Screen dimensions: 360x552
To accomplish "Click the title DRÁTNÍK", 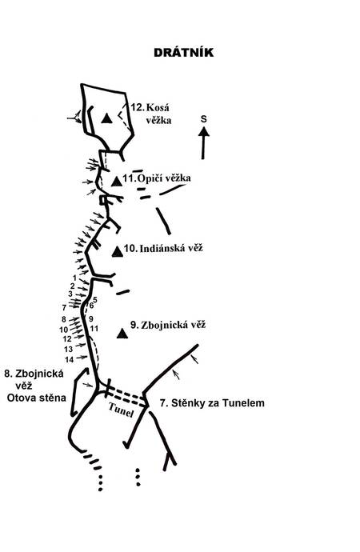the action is (x=183, y=53).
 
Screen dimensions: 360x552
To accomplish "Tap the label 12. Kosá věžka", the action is (x=152, y=114).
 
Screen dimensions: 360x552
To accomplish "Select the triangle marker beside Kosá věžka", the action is (x=106, y=118).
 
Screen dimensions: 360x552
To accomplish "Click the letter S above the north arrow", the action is (x=204, y=119).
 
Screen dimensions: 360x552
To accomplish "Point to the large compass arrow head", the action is (x=204, y=132).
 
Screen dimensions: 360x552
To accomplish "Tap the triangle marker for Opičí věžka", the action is (x=117, y=182).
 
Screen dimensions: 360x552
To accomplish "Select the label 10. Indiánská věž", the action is (x=163, y=248).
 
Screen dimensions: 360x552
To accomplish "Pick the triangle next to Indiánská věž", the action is (x=118, y=251).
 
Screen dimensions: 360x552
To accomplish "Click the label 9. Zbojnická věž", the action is (x=168, y=325).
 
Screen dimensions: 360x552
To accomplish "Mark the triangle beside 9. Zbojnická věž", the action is (x=122, y=333).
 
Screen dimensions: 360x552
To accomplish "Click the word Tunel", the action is (x=121, y=410).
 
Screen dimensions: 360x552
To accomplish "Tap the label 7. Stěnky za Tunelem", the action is (x=212, y=402).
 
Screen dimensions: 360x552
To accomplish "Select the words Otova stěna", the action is (x=37, y=398).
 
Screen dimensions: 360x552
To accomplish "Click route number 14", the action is (x=70, y=359).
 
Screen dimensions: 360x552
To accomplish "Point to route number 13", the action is (x=68, y=349).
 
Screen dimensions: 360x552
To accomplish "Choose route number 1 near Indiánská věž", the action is (x=74, y=278).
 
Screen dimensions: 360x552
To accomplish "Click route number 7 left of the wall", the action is (x=64, y=308).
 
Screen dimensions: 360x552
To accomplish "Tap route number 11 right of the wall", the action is (x=94, y=329).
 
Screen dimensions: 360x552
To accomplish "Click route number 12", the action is (x=67, y=338).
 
